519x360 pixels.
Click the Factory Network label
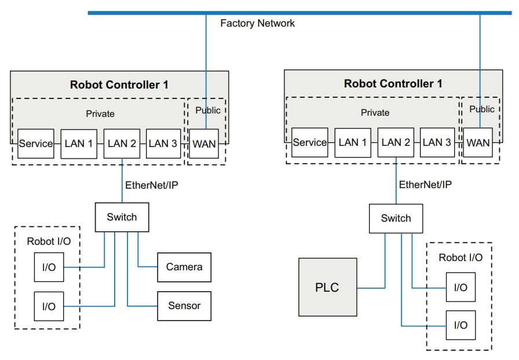257,23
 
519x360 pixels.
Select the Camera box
184,267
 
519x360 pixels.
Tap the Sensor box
184,306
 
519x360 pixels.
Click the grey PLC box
327,287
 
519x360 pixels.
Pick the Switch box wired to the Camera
122,217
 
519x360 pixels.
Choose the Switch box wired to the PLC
396,218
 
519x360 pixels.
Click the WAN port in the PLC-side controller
478,142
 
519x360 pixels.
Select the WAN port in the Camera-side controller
204,144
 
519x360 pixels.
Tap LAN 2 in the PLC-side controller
396,142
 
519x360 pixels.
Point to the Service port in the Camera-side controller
35,144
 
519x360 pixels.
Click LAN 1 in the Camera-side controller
78,144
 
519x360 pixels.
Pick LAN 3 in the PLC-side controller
438,142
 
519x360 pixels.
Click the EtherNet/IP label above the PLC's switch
425,185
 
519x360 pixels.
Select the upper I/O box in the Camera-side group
49,268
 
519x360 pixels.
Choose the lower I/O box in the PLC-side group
460,325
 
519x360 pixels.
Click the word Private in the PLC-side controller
375,113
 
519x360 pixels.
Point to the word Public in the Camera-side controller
207,110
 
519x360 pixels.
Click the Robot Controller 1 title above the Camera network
119,85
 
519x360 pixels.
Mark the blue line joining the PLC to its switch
371,287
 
